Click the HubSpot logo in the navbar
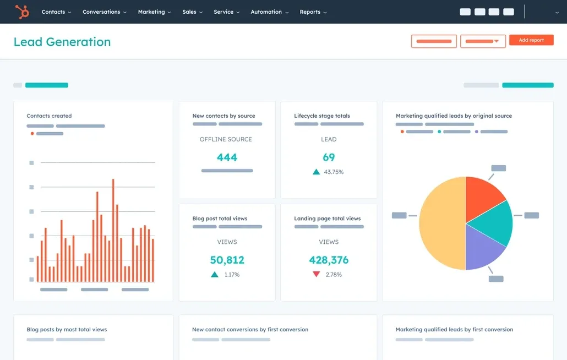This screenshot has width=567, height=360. [22, 12]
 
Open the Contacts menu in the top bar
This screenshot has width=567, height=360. [56, 12]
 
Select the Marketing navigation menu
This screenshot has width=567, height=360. [154, 12]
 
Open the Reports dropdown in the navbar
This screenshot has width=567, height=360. [313, 12]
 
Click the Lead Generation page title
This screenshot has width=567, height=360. [62, 42]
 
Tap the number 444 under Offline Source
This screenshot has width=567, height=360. [227, 157]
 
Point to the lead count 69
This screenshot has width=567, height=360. [329, 157]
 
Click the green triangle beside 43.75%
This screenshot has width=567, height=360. [316, 172]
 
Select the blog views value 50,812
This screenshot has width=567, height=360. [227, 260]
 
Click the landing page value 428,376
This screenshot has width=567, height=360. [329, 260]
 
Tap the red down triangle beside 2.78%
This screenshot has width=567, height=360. [316, 274]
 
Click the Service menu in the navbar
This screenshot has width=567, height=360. [226, 12]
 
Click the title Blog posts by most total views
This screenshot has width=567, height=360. [67, 330]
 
